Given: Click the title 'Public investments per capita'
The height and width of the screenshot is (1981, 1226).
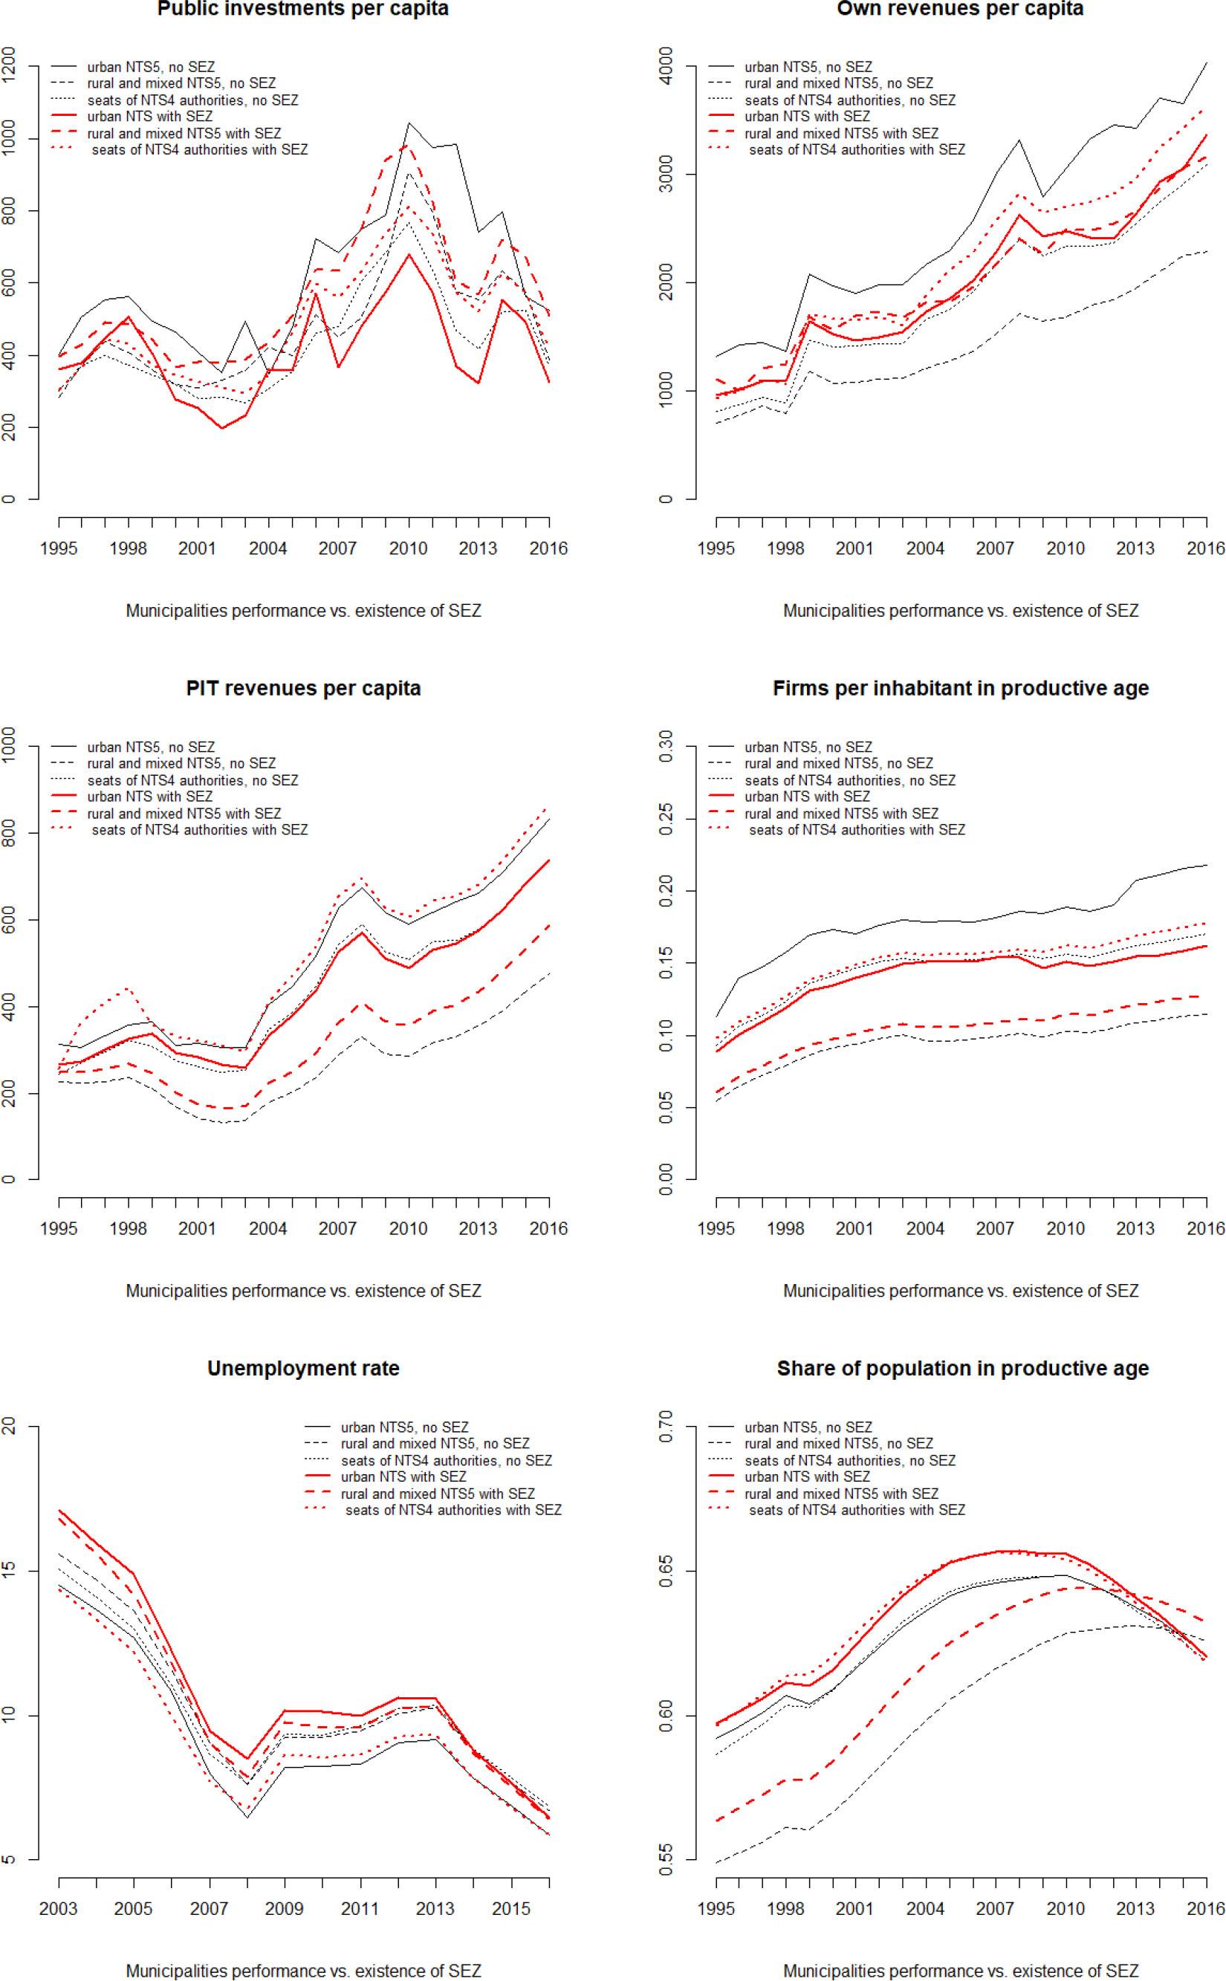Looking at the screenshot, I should [302, 9].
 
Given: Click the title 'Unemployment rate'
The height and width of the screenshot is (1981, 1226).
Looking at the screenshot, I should [302, 1368].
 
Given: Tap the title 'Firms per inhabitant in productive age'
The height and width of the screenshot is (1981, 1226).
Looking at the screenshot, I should [960, 688].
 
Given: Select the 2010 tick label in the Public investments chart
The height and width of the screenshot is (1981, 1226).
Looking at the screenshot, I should [408, 548].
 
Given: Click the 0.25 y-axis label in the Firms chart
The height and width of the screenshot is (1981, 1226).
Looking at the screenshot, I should [666, 818].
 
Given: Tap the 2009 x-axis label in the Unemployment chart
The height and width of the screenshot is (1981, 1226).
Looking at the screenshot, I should [284, 1908].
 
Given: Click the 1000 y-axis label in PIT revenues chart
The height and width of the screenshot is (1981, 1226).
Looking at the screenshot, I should [9, 745].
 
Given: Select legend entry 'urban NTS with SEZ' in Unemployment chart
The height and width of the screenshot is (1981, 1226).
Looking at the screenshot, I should [403, 1476].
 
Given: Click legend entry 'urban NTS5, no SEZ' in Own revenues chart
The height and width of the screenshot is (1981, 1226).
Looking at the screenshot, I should [808, 66].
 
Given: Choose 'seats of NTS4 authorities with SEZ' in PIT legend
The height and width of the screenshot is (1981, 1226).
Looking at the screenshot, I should [199, 829].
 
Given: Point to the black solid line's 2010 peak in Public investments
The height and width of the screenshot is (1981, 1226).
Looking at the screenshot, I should [408, 123].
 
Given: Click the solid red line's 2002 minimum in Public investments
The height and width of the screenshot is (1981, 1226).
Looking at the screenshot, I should [222, 427].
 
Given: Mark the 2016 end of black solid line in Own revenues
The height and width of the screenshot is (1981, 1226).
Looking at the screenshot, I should [1206, 62].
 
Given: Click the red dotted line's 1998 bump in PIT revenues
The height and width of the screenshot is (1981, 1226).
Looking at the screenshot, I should [128, 988].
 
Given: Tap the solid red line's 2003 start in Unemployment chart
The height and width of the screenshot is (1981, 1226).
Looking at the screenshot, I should [59, 1510].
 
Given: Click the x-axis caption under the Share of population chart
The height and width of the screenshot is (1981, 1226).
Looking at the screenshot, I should [960, 1970].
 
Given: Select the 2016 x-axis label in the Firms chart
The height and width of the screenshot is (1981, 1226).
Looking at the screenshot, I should [1206, 1228].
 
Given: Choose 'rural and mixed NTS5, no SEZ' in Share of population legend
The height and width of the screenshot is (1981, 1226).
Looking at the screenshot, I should [838, 1443].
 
